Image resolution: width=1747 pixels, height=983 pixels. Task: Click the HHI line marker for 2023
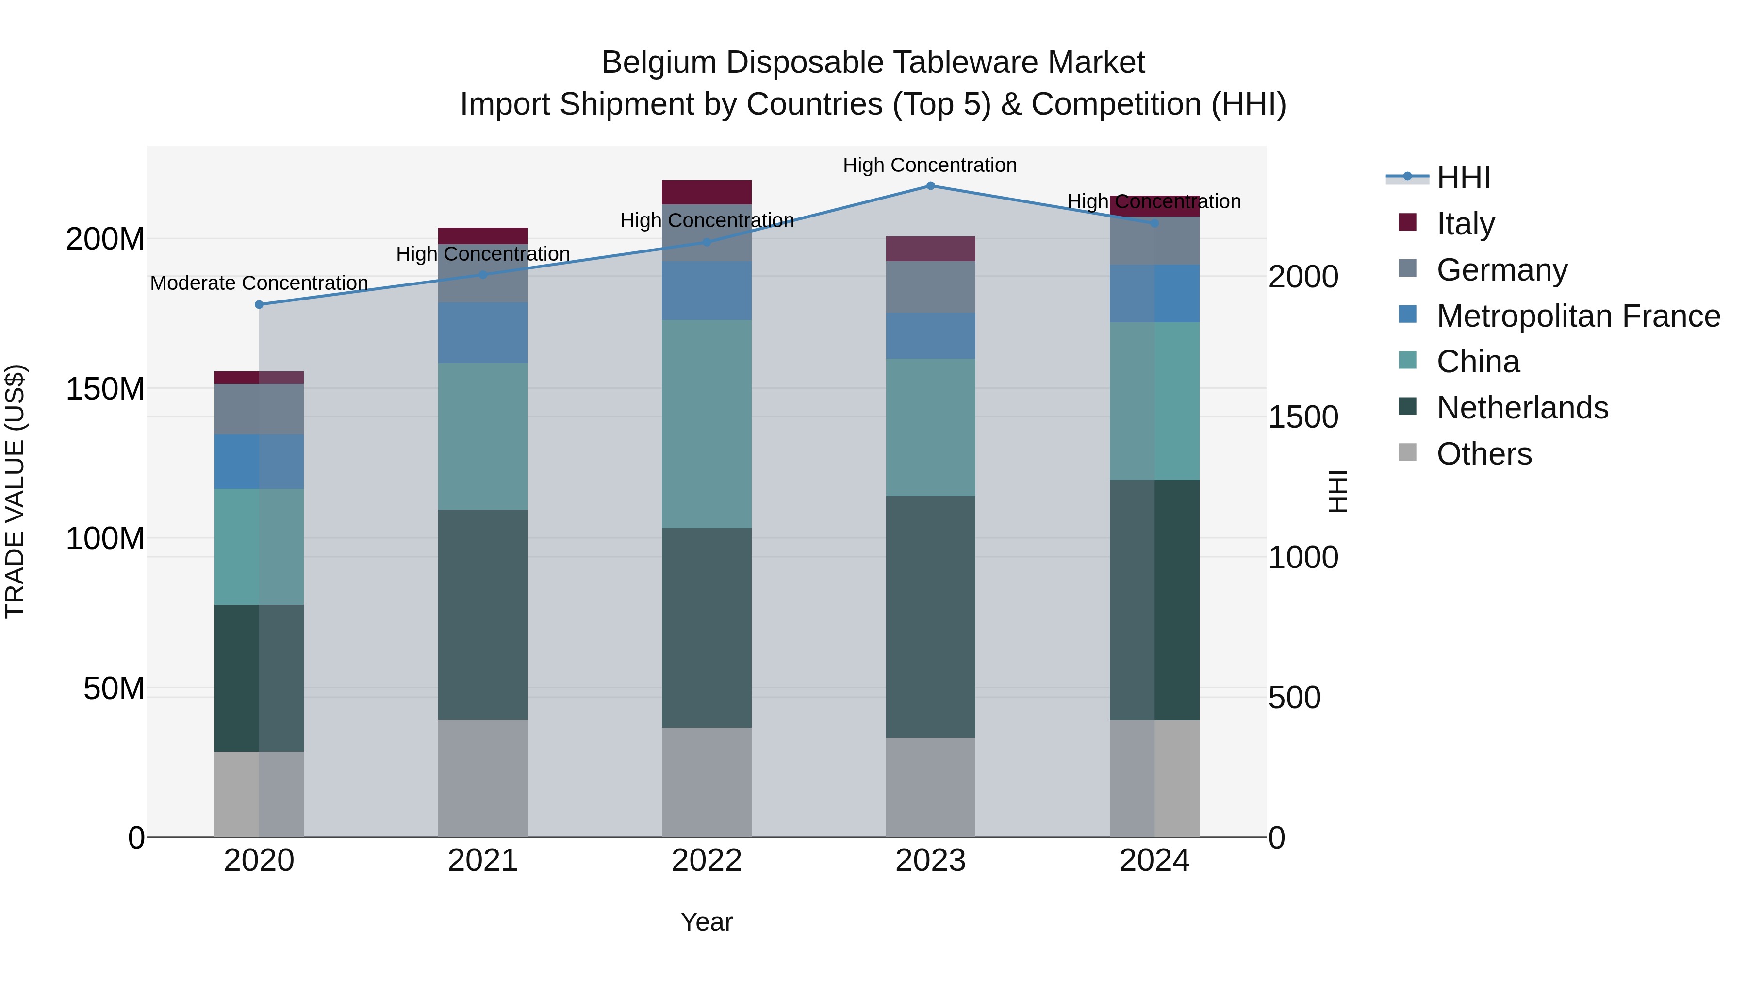coord(930,186)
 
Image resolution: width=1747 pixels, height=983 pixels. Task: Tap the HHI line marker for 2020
coord(259,304)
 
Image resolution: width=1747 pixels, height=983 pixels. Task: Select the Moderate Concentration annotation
coord(259,283)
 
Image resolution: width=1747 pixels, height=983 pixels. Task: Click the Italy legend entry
coord(1465,223)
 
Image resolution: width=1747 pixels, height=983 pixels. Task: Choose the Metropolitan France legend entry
coord(1578,316)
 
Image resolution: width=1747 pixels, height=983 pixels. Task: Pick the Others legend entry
coord(1484,453)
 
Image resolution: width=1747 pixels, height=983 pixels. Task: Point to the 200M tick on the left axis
coord(105,239)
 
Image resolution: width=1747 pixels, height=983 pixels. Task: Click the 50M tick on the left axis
coord(114,688)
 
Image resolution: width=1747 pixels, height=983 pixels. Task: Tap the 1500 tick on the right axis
coord(1303,417)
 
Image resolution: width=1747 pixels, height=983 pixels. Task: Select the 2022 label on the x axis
coord(707,861)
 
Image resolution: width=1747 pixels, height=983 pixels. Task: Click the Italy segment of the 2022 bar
coord(707,192)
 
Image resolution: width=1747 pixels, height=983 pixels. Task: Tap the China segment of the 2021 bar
coord(483,436)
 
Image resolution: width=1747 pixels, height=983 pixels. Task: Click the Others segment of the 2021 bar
coord(483,778)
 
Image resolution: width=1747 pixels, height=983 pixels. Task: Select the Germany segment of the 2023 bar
coord(930,287)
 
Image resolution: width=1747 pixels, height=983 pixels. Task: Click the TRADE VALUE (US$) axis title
coord(15,491)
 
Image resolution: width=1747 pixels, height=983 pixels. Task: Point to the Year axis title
coord(707,922)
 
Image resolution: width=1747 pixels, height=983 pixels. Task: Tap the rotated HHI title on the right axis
coord(1337,491)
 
